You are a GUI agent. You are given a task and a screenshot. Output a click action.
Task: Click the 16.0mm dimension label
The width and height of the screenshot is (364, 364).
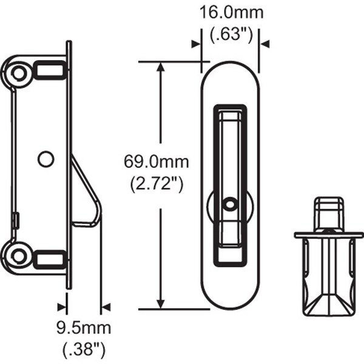[x=232, y=13]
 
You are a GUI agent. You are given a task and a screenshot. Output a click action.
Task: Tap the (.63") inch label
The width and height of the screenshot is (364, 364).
[x=231, y=35]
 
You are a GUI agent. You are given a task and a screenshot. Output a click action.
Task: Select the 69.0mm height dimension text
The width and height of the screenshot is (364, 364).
[x=157, y=162]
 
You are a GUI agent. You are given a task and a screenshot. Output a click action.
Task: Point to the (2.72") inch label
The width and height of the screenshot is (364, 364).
[x=157, y=184]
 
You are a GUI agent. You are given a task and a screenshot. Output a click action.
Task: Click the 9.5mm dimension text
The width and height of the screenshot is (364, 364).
[x=84, y=328]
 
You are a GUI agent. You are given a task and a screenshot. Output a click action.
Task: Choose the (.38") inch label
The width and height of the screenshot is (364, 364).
[x=84, y=351]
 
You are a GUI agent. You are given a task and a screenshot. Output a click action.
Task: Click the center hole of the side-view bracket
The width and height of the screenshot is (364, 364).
[x=45, y=159]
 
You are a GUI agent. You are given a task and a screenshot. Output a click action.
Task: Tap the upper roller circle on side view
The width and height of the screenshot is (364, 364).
[x=19, y=73]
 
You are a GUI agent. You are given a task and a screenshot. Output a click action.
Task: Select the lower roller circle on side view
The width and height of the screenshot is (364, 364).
[x=19, y=256]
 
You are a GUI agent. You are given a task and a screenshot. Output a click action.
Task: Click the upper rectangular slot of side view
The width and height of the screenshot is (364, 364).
[x=50, y=70]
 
